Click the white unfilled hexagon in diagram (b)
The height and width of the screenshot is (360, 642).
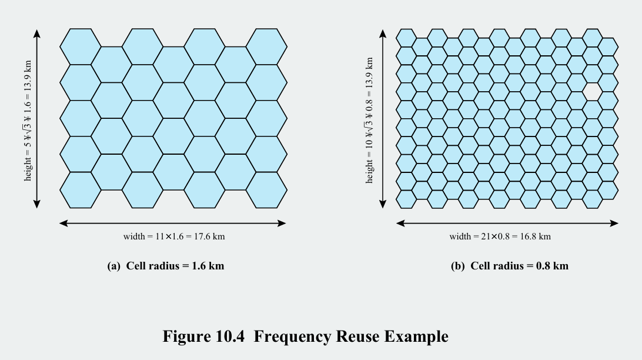pyautogui.click(x=592, y=91)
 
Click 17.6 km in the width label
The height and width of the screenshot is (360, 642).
pyautogui.click(x=209, y=236)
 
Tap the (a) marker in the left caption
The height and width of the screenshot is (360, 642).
pyautogui.click(x=114, y=266)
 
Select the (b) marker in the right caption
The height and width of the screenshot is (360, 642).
pyautogui.click(x=457, y=266)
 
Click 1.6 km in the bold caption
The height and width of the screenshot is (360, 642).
pyautogui.click(x=208, y=266)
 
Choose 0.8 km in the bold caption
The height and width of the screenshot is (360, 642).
pyautogui.click(x=552, y=266)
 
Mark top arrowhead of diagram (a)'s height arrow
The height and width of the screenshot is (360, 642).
pyautogui.click(x=37, y=33)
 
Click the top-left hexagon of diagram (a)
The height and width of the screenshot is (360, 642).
pyautogui.click(x=81, y=46)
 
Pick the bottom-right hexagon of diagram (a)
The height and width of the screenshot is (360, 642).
pyautogui.click(x=266, y=190)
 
